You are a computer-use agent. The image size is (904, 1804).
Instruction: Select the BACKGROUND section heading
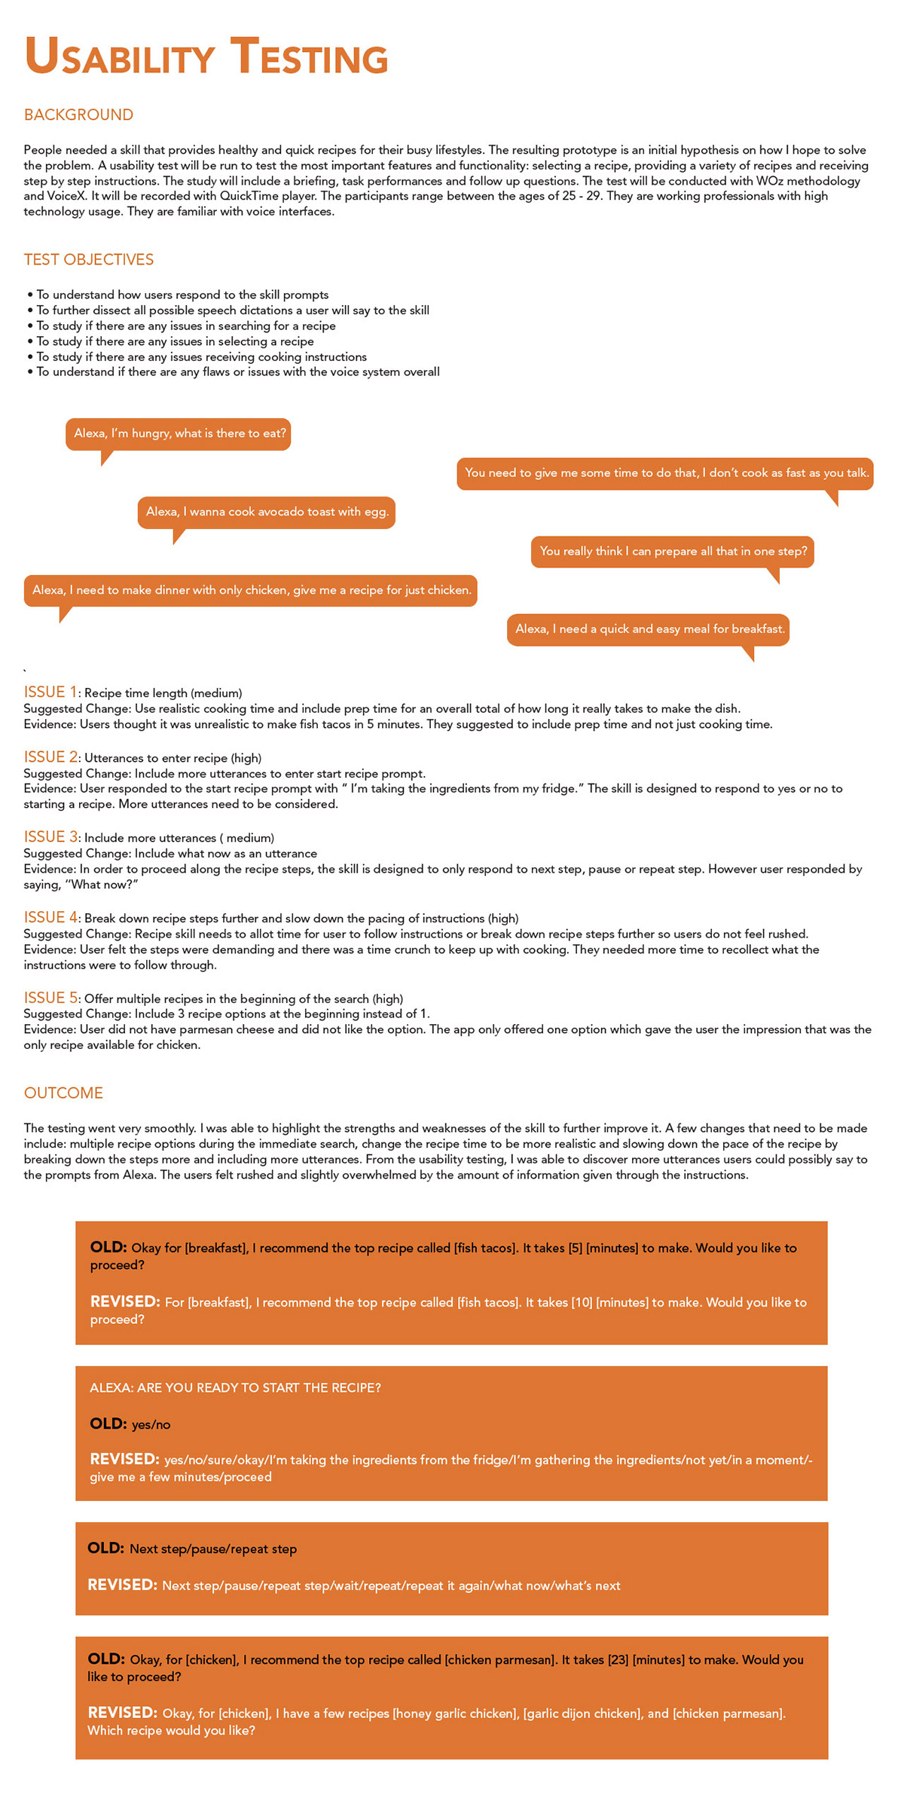[78, 115]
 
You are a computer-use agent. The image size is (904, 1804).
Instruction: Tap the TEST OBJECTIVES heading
[88, 259]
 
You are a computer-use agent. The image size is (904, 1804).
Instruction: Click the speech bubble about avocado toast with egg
[267, 512]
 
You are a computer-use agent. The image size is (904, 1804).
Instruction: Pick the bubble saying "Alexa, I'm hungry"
[179, 434]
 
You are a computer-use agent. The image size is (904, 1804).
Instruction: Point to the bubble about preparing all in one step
[673, 552]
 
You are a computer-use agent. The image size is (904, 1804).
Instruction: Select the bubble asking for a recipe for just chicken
[251, 591]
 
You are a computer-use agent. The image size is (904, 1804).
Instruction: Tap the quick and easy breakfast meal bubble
[649, 629]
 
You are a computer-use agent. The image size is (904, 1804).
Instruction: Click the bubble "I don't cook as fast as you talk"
[665, 473]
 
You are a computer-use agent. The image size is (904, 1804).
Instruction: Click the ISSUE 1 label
[50, 693]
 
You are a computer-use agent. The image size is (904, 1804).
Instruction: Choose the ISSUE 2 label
[50, 757]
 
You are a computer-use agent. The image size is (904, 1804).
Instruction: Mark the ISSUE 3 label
[50, 837]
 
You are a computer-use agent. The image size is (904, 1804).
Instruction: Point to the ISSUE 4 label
[50, 917]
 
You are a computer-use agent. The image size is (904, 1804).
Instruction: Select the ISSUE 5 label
[50, 998]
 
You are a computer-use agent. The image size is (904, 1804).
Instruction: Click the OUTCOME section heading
[63, 1093]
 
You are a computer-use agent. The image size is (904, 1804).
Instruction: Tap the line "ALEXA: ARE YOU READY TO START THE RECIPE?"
[235, 1388]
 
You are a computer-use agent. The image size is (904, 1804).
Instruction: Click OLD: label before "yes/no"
[108, 1423]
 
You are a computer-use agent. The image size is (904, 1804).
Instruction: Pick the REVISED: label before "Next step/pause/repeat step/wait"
[122, 1585]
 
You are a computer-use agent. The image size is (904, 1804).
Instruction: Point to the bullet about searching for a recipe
[186, 326]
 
